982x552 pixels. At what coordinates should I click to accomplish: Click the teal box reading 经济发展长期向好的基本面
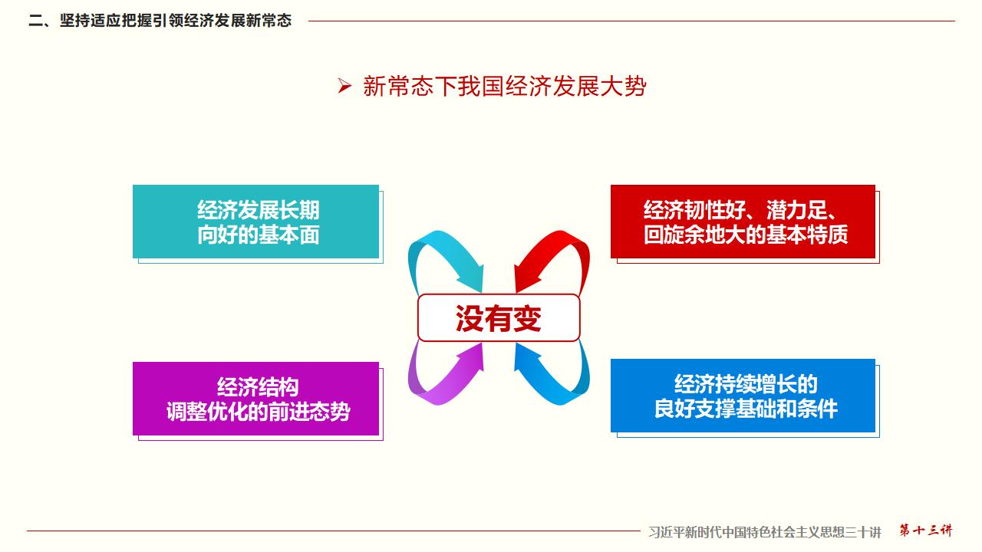point(256,222)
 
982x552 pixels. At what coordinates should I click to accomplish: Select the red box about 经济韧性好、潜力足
point(743,222)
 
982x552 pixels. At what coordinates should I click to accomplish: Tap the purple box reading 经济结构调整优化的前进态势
point(256,399)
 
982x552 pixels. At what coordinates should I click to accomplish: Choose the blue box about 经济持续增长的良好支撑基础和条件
point(743,396)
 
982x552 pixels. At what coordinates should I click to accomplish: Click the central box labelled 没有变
point(499,317)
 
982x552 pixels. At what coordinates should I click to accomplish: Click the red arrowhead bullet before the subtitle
point(344,85)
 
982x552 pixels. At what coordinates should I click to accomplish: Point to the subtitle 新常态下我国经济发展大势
point(505,86)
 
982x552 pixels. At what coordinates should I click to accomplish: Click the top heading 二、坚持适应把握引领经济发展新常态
point(160,21)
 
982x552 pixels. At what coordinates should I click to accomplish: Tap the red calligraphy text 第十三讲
point(926,530)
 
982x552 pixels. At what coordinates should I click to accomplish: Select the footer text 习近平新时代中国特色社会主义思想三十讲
point(765,532)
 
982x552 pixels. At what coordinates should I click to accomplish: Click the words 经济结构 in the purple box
point(258,387)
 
